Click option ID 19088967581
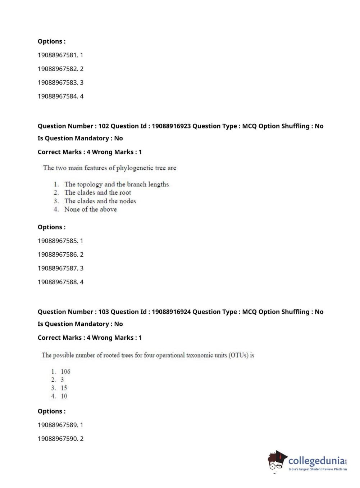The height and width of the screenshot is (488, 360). tap(58, 55)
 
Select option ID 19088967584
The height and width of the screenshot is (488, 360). tap(58, 96)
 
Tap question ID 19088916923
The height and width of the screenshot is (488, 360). tap(171, 126)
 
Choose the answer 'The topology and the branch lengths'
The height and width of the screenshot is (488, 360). tap(117, 184)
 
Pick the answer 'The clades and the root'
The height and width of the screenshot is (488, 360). tap(98, 193)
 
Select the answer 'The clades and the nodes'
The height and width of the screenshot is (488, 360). tap(100, 201)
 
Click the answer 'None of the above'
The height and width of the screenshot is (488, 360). tap(91, 209)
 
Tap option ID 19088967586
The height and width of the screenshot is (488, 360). tap(58, 254)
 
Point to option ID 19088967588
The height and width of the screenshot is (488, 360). tap(58, 282)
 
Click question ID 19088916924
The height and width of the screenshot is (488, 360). tap(171, 312)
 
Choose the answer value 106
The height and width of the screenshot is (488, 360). tap(65, 371)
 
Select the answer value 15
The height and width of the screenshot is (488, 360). tap(64, 388)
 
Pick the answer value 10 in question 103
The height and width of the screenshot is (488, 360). tap(64, 396)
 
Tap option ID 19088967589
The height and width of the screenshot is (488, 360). tap(58, 425)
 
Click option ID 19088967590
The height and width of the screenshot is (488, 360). tap(58, 439)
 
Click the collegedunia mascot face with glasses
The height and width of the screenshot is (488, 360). tap(276, 462)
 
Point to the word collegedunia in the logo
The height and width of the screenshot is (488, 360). tap(316, 461)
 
